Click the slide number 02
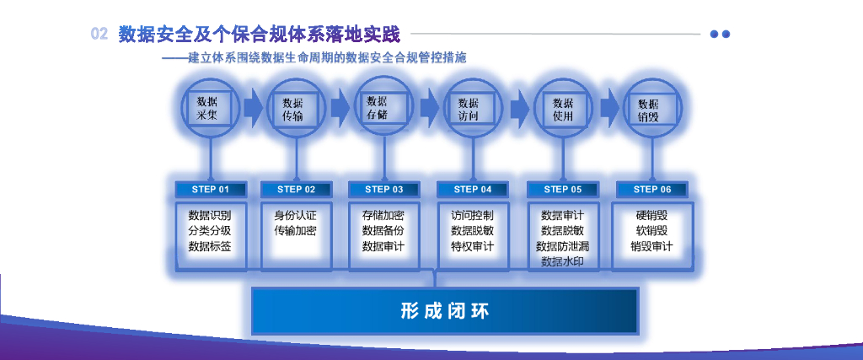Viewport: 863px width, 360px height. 99,34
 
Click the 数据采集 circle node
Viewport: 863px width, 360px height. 206,107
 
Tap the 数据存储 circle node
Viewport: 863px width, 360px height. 383,107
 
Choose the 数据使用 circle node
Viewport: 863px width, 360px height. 562,109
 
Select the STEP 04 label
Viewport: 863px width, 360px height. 472,190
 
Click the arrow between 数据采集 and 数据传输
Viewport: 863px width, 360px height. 252,108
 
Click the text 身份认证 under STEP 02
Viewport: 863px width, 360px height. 295,215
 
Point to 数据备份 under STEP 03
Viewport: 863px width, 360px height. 383,230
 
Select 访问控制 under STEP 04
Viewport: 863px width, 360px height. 472,215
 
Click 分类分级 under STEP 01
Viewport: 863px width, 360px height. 210,230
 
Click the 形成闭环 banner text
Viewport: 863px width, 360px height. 445,311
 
